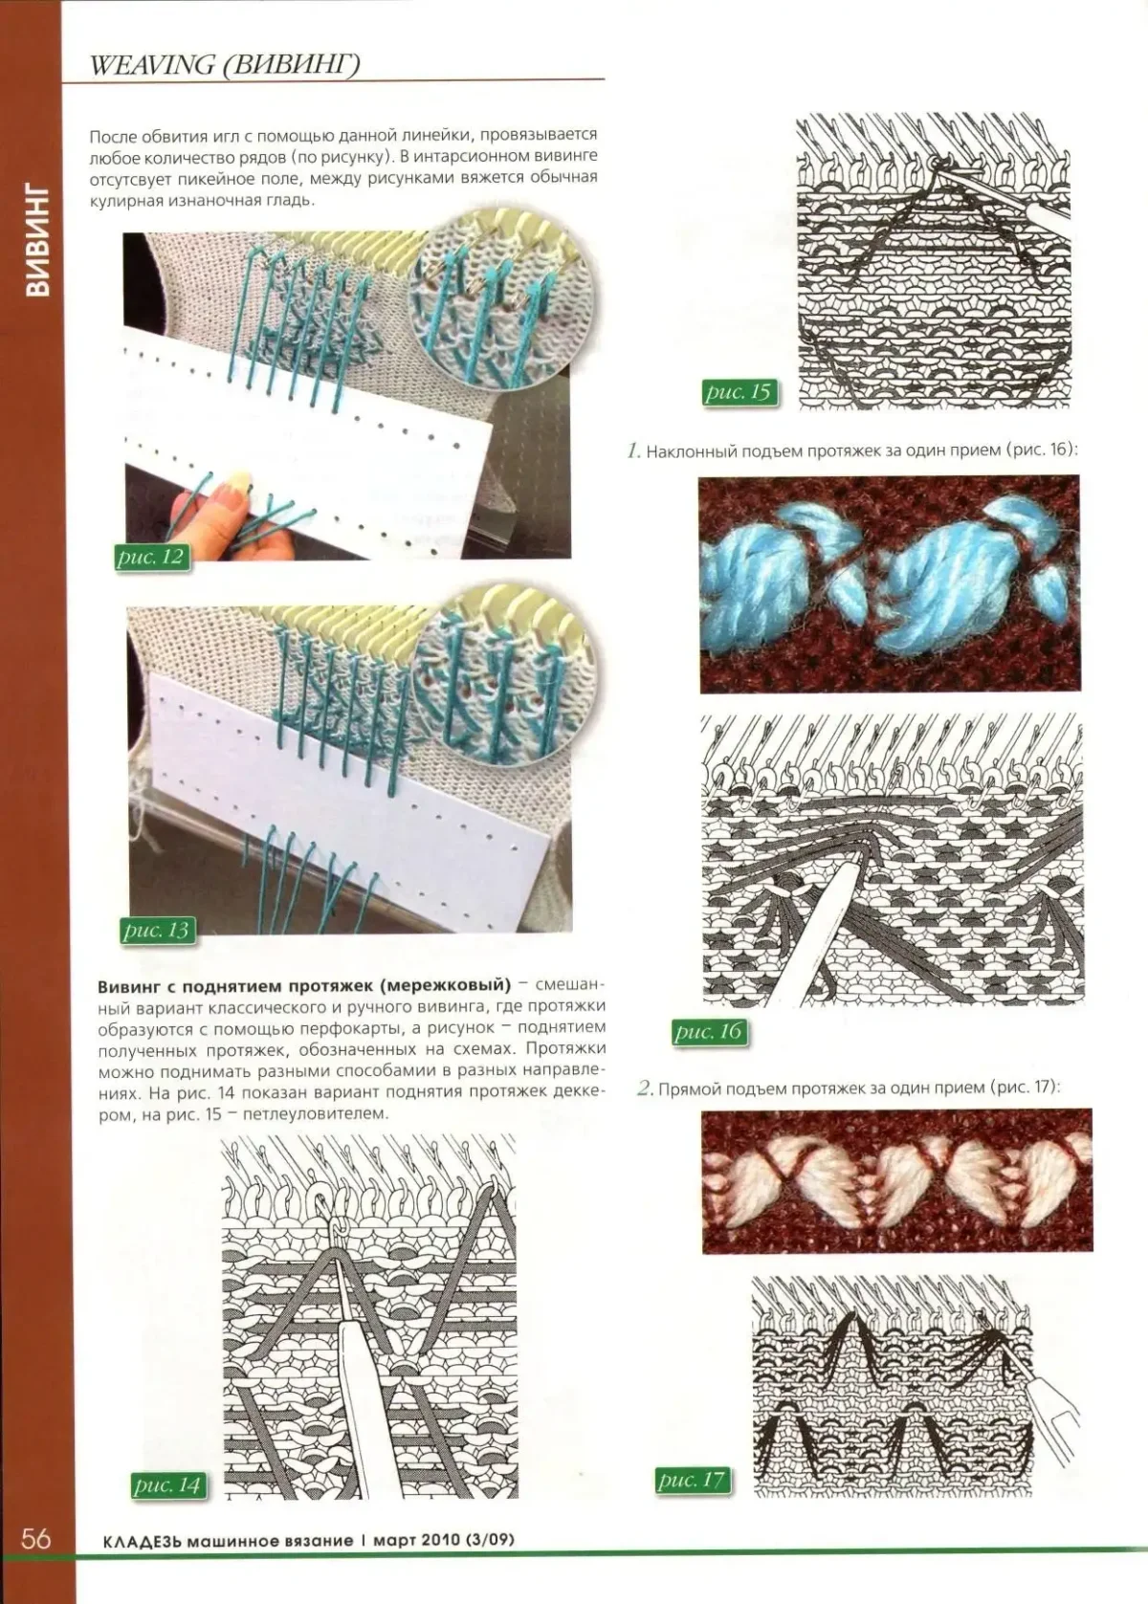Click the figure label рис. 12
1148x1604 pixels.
pyautogui.click(x=152, y=557)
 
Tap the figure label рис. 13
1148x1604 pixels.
pyautogui.click(x=157, y=931)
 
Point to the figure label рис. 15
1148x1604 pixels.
pyautogui.click(x=739, y=392)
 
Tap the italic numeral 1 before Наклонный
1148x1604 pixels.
pyautogui.click(x=632, y=451)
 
